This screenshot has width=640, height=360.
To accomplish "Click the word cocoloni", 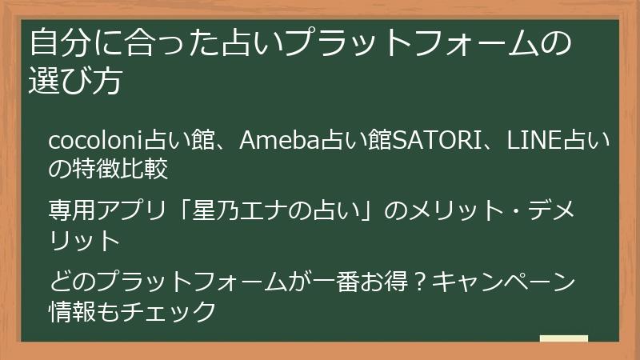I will (95, 142).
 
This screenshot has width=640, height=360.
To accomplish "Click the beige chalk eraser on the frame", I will (564, 339).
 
